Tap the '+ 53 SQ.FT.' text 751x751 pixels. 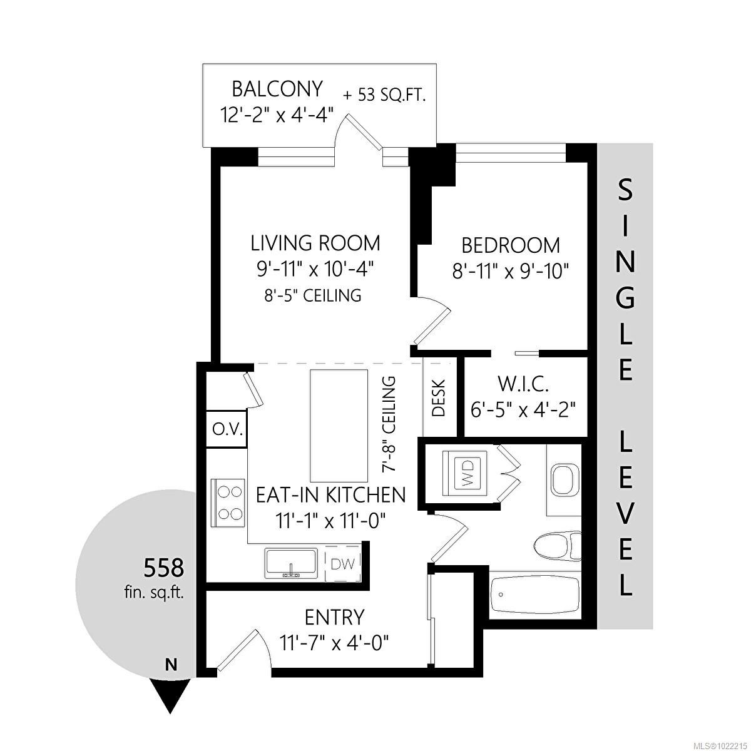384,96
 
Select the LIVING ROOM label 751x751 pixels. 315,243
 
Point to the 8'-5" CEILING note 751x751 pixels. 313,295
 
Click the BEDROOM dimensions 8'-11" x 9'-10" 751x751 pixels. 510,271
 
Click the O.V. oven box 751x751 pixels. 227,429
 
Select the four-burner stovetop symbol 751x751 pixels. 228,502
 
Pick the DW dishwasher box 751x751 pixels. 342,565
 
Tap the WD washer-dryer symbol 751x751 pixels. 467,473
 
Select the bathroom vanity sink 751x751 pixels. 565,479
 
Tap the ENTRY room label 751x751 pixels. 334,618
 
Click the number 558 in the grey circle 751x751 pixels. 164,568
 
